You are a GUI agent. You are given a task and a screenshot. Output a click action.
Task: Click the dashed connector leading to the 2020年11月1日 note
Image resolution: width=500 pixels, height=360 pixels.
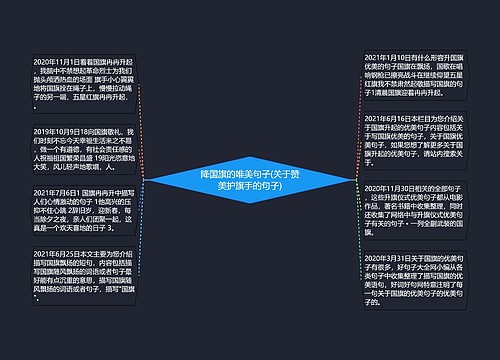146,120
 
